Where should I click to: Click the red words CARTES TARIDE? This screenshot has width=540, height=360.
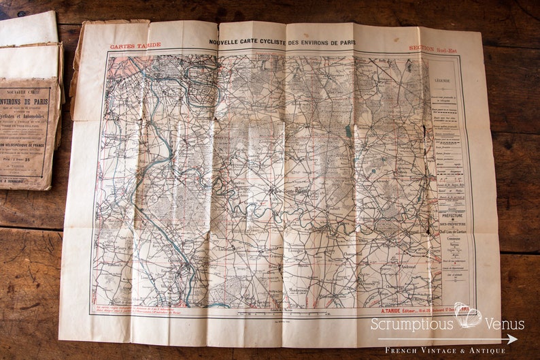[x=135, y=45]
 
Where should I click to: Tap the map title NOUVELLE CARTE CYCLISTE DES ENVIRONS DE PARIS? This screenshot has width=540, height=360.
[x=282, y=42]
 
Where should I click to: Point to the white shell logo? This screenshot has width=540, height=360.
[x=469, y=315]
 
